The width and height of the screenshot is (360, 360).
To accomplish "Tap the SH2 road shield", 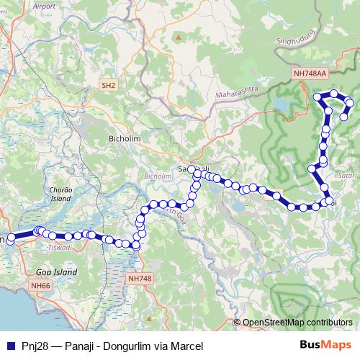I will [109, 86].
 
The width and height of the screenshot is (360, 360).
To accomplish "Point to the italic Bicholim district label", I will [158, 176].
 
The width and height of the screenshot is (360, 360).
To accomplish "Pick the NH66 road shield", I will [40, 286].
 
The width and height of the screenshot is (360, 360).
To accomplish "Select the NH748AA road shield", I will [310, 73].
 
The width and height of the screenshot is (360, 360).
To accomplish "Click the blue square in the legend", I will [9, 346].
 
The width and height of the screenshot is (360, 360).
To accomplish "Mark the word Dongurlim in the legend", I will [126, 346].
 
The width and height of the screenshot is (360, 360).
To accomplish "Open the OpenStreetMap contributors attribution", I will [297, 322].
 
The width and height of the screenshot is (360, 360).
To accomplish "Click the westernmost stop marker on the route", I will [10, 238].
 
